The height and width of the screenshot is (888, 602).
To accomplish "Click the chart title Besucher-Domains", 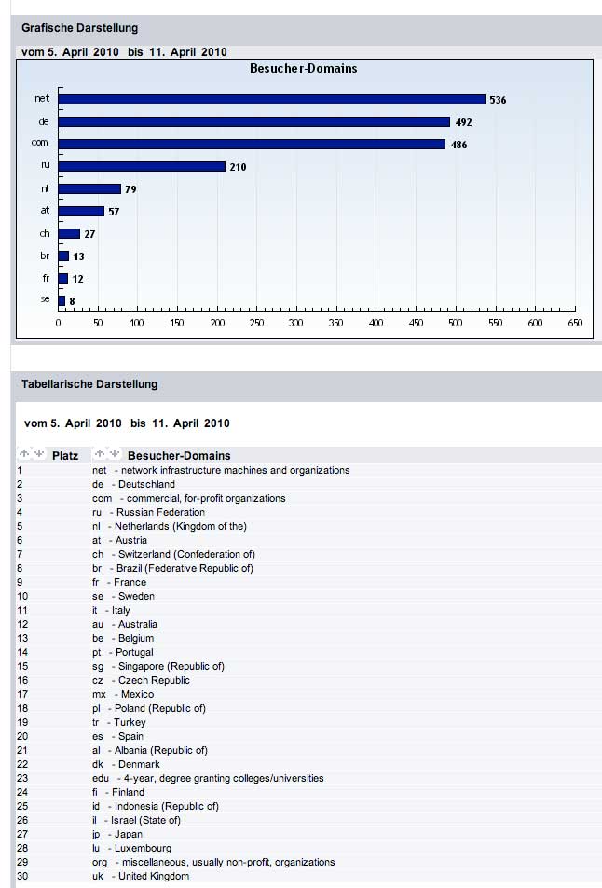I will [303, 68].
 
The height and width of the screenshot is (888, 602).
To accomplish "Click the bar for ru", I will [142, 166].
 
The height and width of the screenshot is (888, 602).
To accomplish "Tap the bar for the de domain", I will [254, 121].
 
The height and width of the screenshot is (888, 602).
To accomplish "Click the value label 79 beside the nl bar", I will [131, 189].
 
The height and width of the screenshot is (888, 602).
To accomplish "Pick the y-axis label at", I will [45, 211].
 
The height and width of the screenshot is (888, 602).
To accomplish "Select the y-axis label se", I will [45, 300].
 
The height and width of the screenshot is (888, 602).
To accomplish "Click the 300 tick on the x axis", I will [296, 324].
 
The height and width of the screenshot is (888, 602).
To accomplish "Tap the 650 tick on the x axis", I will [575, 324].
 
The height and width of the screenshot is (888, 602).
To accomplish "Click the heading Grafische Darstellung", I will [79, 28].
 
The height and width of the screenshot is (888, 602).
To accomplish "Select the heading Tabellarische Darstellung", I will [89, 383].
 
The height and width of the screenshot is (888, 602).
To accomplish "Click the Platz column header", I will [65, 455].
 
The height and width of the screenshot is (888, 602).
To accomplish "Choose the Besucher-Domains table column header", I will [179, 455].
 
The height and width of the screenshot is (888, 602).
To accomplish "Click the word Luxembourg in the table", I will [144, 848].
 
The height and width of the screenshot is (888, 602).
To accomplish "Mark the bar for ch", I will [69, 233].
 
